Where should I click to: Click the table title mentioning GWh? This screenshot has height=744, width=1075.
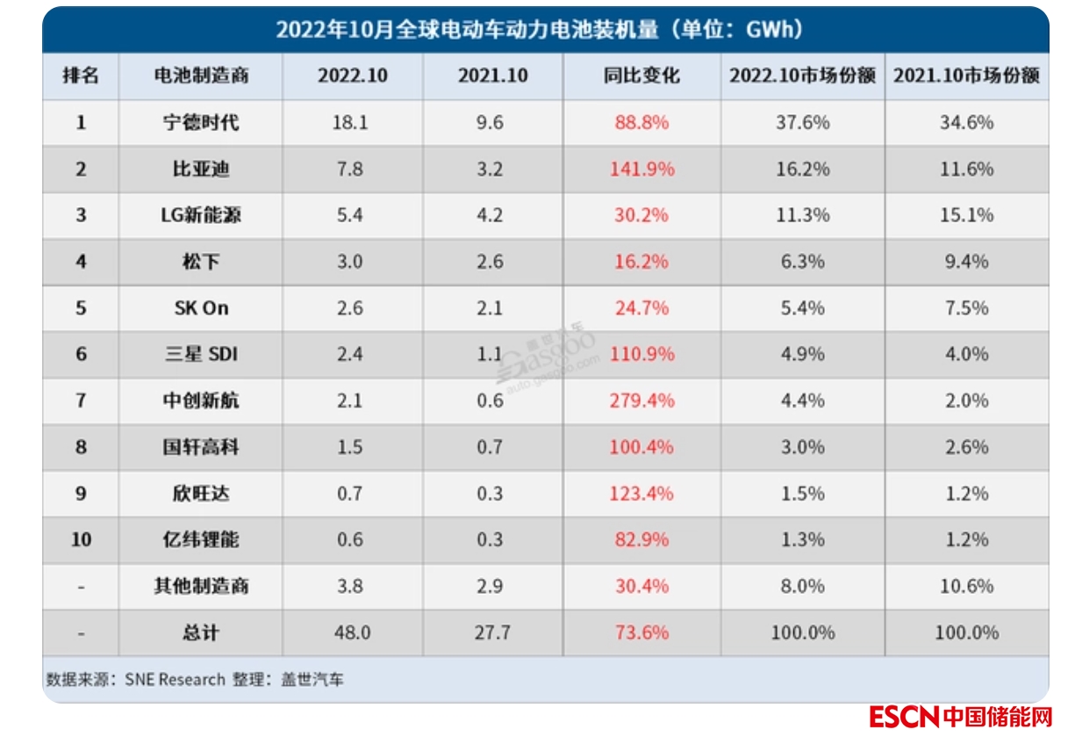click(x=540, y=30)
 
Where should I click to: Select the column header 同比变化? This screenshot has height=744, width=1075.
click(x=641, y=76)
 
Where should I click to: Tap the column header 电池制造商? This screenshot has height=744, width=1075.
click(x=201, y=76)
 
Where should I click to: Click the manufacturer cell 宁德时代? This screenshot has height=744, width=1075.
click(x=201, y=122)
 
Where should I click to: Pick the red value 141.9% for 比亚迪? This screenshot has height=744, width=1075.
click(x=642, y=169)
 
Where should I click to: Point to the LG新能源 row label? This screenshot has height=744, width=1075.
click(x=201, y=215)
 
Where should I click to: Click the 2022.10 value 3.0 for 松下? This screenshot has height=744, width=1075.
click(x=349, y=262)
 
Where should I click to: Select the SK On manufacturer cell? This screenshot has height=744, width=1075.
click(x=201, y=308)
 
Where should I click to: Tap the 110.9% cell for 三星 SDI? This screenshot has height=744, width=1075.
click(x=642, y=354)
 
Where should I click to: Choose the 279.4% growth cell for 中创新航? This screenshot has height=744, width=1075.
click(x=642, y=401)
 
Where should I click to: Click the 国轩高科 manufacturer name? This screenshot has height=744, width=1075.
click(x=201, y=447)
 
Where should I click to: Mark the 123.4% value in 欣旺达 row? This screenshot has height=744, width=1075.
click(x=642, y=494)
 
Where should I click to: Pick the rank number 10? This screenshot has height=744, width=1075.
click(x=81, y=539)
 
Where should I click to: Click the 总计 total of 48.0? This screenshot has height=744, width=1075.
click(x=351, y=632)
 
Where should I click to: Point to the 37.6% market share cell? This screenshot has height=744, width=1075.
click(x=802, y=122)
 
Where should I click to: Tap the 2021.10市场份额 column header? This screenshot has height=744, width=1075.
click(x=966, y=76)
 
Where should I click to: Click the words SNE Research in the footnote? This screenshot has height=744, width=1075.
click(x=175, y=680)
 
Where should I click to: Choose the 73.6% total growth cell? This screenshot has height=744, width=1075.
click(x=642, y=632)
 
